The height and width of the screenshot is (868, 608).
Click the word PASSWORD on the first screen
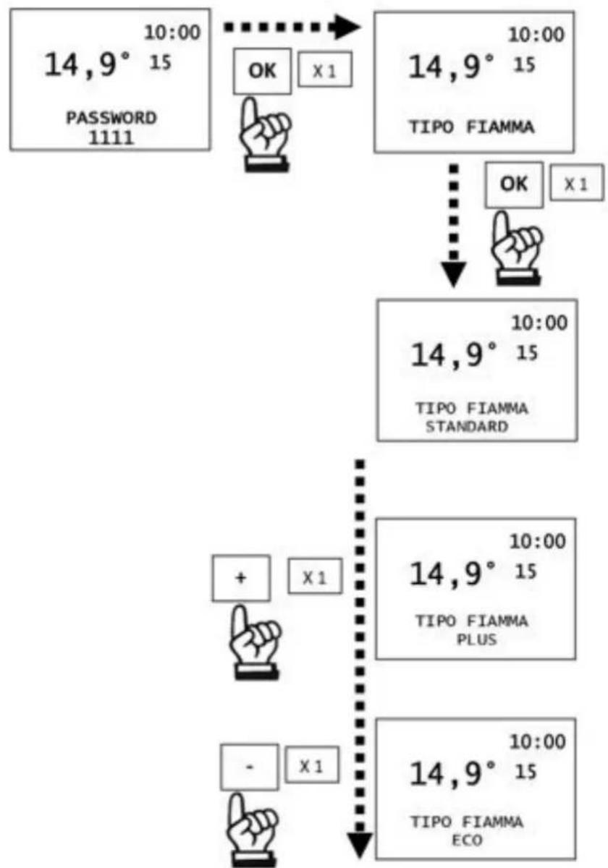coord(111,118)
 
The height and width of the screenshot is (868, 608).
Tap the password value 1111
coord(111,137)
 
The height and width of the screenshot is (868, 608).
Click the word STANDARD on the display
coord(467,427)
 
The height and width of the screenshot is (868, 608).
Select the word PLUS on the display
coord(477,639)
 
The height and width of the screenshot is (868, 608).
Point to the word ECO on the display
coord(468,840)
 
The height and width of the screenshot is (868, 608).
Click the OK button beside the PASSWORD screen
coord(262,72)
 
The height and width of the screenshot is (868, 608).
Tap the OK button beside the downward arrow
coord(514,184)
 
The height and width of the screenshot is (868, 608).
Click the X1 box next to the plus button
coord(315,576)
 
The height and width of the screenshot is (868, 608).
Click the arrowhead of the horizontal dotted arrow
coord(345,27)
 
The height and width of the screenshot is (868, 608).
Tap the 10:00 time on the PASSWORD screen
coord(172,33)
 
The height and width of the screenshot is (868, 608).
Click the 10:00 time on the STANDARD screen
coord(539,323)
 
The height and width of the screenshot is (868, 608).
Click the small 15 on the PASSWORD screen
coord(161,62)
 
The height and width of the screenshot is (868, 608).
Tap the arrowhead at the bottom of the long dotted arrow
coord(360,845)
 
